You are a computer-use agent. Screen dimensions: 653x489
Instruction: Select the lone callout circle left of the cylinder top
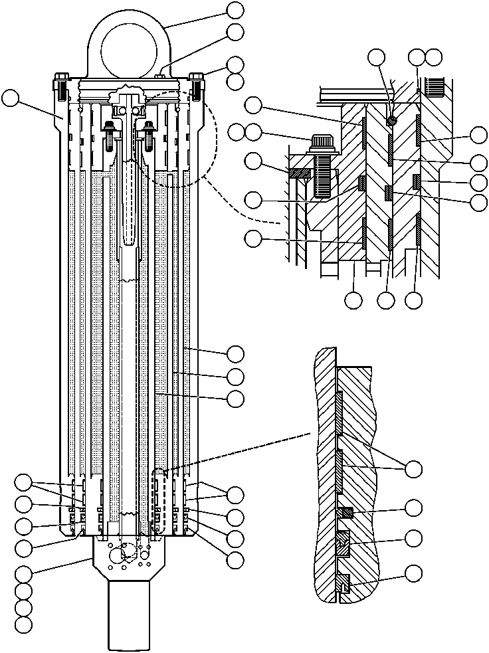pos(10,98)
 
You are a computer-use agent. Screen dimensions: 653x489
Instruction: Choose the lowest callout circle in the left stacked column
pos(23,624)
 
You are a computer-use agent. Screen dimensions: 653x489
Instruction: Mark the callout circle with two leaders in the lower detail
pos(414,468)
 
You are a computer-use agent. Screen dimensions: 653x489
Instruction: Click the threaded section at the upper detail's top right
pos(439,85)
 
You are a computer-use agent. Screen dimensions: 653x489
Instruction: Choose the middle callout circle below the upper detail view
pos(386,300)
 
